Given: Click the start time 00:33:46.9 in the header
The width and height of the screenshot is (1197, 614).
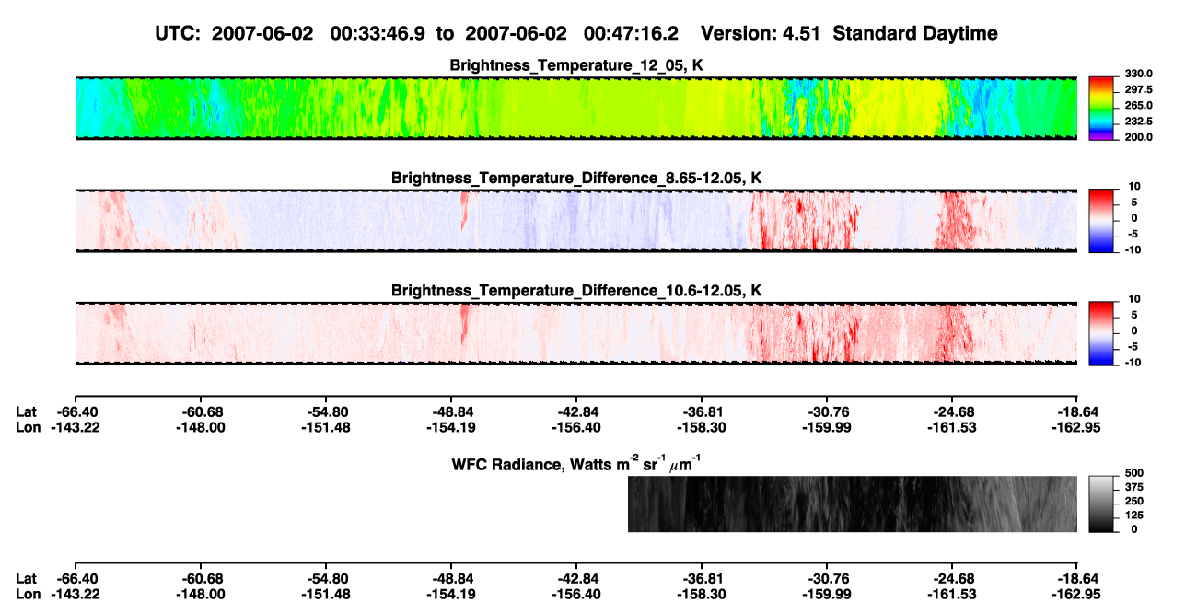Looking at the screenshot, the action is pyautogui.click(x=378, y=33).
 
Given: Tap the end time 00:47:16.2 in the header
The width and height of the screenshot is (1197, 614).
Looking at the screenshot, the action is pyautogui.click(x=631, y=33).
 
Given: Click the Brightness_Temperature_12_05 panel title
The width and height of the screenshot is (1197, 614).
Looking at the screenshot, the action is pyautogui.click(x=576, y=65).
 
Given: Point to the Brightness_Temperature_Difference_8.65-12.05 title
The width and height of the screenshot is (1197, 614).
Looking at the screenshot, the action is pyautogui.click(x=576, y=178).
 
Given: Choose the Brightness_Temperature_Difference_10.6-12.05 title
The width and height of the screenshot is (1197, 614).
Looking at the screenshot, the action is pyautogui.click(x=576, y=291).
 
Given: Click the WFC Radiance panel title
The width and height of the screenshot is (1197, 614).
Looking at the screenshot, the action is pyautogui.click(x=576, y=464).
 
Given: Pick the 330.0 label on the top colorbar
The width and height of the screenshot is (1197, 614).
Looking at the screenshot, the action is pyautogui.click(x=1138, y=74).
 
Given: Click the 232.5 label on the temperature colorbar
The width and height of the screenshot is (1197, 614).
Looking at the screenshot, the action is pyautogui.click(x=1138, y=122).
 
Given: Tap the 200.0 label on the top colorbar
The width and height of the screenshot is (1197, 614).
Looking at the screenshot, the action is pyautogui.click(x=1138, y=137).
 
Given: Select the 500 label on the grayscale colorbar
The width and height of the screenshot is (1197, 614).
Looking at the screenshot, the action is pyautogui.click(x=1134, y=473).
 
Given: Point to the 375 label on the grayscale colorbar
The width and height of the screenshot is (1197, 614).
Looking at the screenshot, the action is pyautogui.click(x=1134, y=487).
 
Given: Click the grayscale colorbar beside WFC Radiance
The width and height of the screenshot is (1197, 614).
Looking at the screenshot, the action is pyautogui.click(x=1101, y=504).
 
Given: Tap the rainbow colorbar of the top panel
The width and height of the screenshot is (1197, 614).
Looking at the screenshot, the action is pyautogui.click(x=1101, y=109).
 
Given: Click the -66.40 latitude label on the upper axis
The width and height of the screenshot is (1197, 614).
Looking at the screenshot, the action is pyautogui.click(x=76, y=412).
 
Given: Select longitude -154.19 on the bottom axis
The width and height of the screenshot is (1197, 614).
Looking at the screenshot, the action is pyautogui.click(x=451, y=595).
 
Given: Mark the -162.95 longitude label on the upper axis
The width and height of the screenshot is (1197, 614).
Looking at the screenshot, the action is pyautogui.click(x=1076, y=427).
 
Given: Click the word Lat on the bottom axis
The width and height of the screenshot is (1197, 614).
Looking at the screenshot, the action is pyautogui.click(x=26, y=579).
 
